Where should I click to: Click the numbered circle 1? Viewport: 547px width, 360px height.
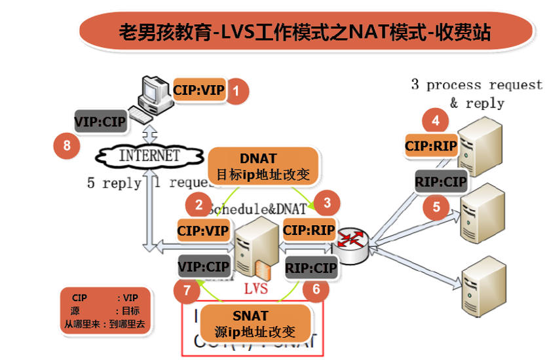(x=236, y=92)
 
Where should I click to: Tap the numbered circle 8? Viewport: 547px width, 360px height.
(x=66, y=145)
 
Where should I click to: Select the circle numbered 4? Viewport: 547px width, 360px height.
(x=436, y=120)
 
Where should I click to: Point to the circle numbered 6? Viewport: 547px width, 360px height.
(x=316, y=289)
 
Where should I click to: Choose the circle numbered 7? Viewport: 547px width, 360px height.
(x=187, y=289)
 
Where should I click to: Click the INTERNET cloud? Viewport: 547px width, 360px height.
(x=148, y=156)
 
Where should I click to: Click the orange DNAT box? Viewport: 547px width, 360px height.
(x=267, y=166)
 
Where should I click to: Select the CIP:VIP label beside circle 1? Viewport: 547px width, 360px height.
(x=198, y=89)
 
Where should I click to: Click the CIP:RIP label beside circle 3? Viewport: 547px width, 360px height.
(x=309, y=230)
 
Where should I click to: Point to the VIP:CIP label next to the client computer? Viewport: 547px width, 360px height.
(x=100, y=120)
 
